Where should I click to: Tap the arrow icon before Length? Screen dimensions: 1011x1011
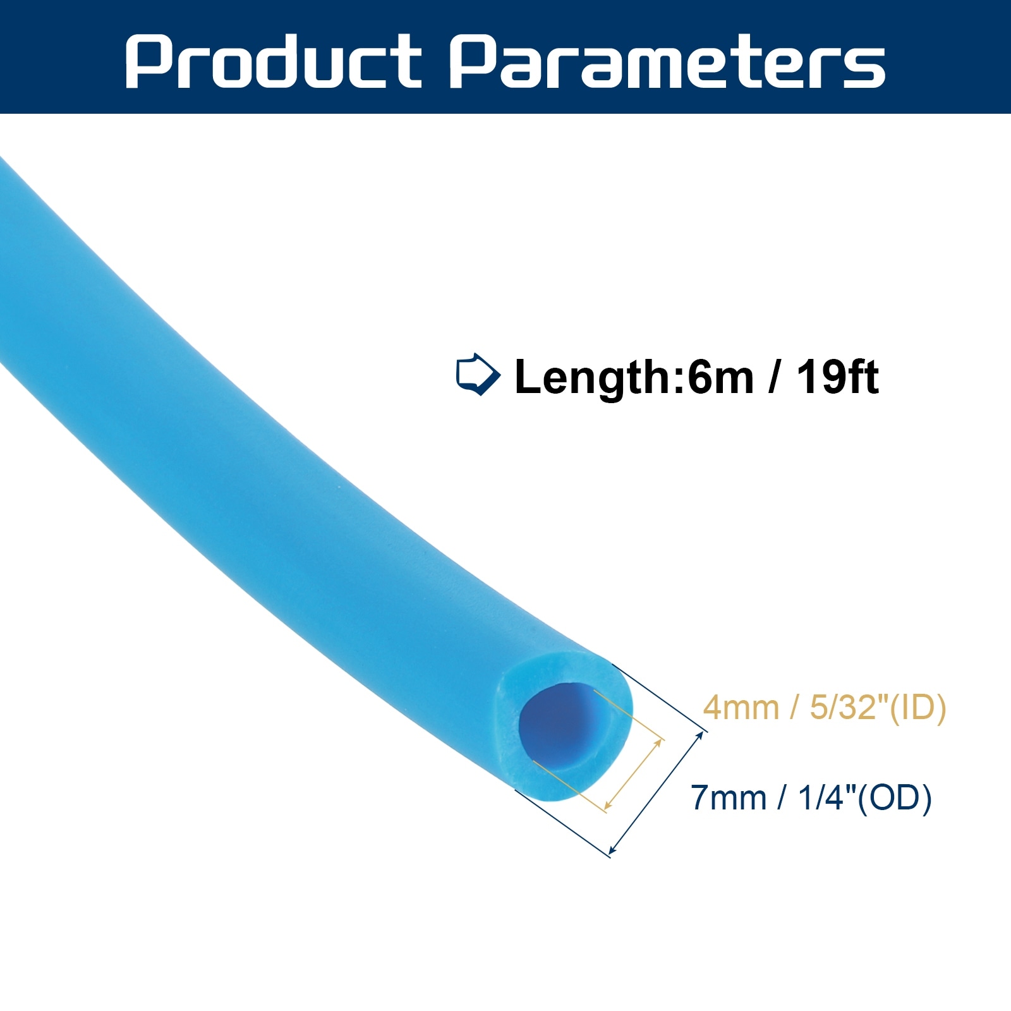478,375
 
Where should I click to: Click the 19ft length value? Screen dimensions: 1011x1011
837,377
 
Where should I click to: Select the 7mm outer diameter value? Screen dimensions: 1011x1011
728,797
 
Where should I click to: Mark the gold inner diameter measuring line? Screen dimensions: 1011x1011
633,773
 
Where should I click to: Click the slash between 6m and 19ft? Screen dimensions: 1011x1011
775,377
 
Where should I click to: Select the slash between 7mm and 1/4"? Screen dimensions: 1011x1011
782,797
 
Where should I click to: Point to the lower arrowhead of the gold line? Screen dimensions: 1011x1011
608,805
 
